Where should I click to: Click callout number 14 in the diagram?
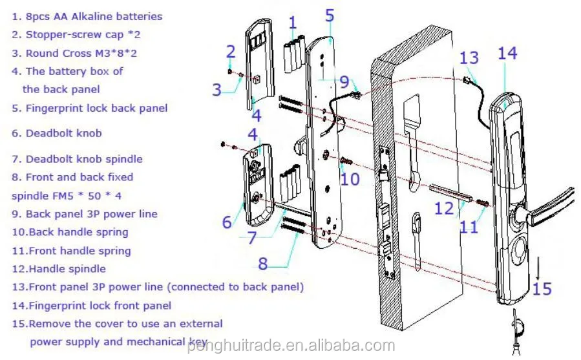coord(507,53)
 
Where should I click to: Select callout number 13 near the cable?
coord(470,58)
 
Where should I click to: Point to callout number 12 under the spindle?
coord(444,209)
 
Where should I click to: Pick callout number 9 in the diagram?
coord(344,82)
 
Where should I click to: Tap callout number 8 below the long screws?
coord(262,263)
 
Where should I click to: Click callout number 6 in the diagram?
coord(227,222)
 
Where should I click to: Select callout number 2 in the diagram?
coord(231,51)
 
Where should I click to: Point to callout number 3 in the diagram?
coord(217,89)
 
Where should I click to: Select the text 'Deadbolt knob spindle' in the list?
coord(84,159)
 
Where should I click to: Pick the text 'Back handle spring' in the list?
coord(78,232)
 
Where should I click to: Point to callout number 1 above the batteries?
coord(293,24)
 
